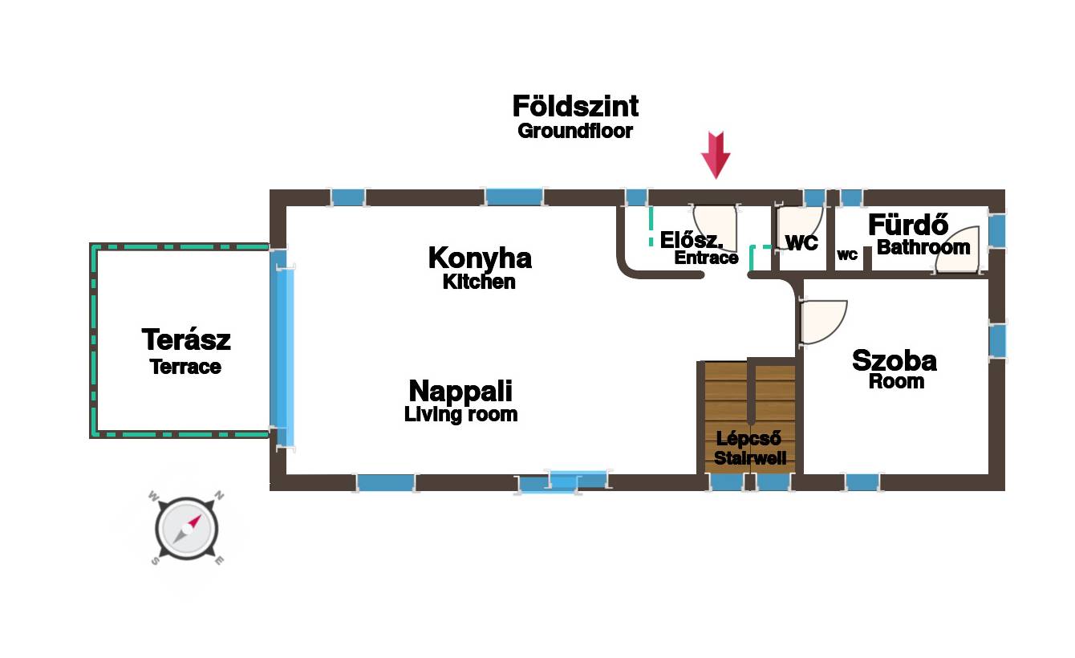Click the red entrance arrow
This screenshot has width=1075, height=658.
(x=716, y=154)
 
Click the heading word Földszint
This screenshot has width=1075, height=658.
(x=575, y=107)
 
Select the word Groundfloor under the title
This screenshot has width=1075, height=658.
(x=575, y=131)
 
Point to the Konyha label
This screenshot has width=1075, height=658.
(x=480, y=258)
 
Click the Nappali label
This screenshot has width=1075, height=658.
(x=460, y=391)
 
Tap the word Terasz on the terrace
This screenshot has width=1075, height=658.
(x=186, y=339)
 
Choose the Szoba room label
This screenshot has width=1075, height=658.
(x=894, y=360)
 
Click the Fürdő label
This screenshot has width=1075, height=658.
(x=908, y=225)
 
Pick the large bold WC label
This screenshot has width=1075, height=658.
(x=801, y=242)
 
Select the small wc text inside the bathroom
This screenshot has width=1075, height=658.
(x=847, y=255)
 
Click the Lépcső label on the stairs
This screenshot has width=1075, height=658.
(x=748, y=439)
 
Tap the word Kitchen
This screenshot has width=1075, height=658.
(x=479, y=282)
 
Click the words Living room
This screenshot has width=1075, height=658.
(x=460, y=414)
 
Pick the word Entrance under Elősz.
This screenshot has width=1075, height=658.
(x=706, y=258)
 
